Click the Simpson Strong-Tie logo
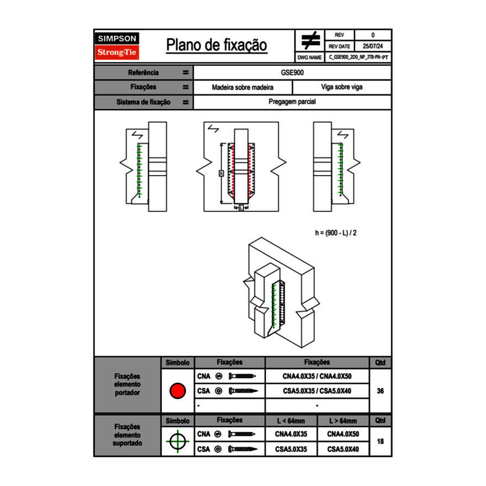pos(118,46)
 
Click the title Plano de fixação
pos(216,45)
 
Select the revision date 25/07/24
pos(373,46)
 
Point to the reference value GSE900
pos(292,72)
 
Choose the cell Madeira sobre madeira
pos(242,87)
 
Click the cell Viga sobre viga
pos(341,87)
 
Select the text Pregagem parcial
pos(292,102)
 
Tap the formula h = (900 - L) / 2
pos(336,233)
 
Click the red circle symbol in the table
pos(177,391)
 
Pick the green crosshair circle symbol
pos(177,441)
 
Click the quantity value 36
pos(380,391)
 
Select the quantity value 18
pos(380,441)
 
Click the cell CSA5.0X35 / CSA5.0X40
pos(317,391)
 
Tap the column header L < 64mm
pos(291,421)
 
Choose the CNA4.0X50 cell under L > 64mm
pos(343,434)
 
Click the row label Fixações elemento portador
pos(127,384)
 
